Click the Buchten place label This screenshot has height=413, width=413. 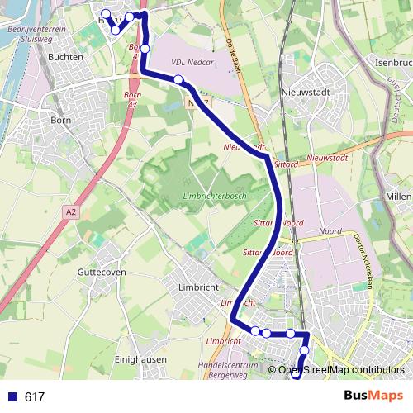point(66,57)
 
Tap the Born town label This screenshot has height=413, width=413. point(61,120)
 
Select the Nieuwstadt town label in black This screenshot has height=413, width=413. point(306,92)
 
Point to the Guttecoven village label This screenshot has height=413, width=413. point(100,271)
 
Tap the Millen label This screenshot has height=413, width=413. point(399,197)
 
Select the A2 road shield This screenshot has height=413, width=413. point(69,212)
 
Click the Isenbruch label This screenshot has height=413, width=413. point(393,62)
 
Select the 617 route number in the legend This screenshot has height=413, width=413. point(35,397)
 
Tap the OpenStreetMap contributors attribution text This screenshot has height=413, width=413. point(341,370)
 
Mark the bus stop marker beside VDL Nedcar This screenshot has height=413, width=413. point(178,79)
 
